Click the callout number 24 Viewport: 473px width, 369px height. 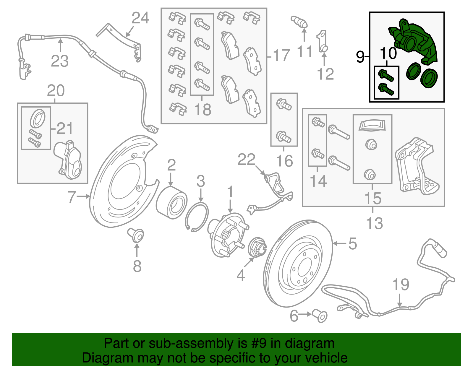tap(140, 18)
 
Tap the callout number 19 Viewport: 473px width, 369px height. tap(401, 285)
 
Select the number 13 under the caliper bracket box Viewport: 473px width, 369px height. tap(374, 223)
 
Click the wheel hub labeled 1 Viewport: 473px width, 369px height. tap(226, 235)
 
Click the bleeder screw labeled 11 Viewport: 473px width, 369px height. tap(299, 22)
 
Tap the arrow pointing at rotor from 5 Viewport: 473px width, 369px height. tap(340, 243)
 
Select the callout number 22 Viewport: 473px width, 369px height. tap(246, 160)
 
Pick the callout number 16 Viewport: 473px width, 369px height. tap(284, 161)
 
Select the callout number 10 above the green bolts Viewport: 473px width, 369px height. tap(388, 53)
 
